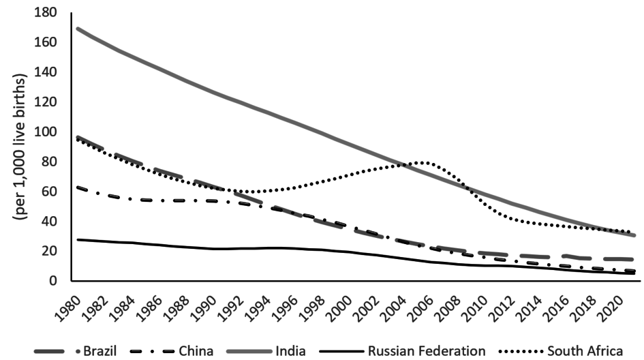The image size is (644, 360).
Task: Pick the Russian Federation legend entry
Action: (x=426, y=351)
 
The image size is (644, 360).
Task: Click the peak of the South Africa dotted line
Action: (x=424, y=162)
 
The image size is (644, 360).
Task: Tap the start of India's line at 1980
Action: (x=78, y=29)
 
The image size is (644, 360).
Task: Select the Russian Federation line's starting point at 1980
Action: (x=78, y=239)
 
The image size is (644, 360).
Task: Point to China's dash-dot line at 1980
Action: (x=78, y=186)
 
